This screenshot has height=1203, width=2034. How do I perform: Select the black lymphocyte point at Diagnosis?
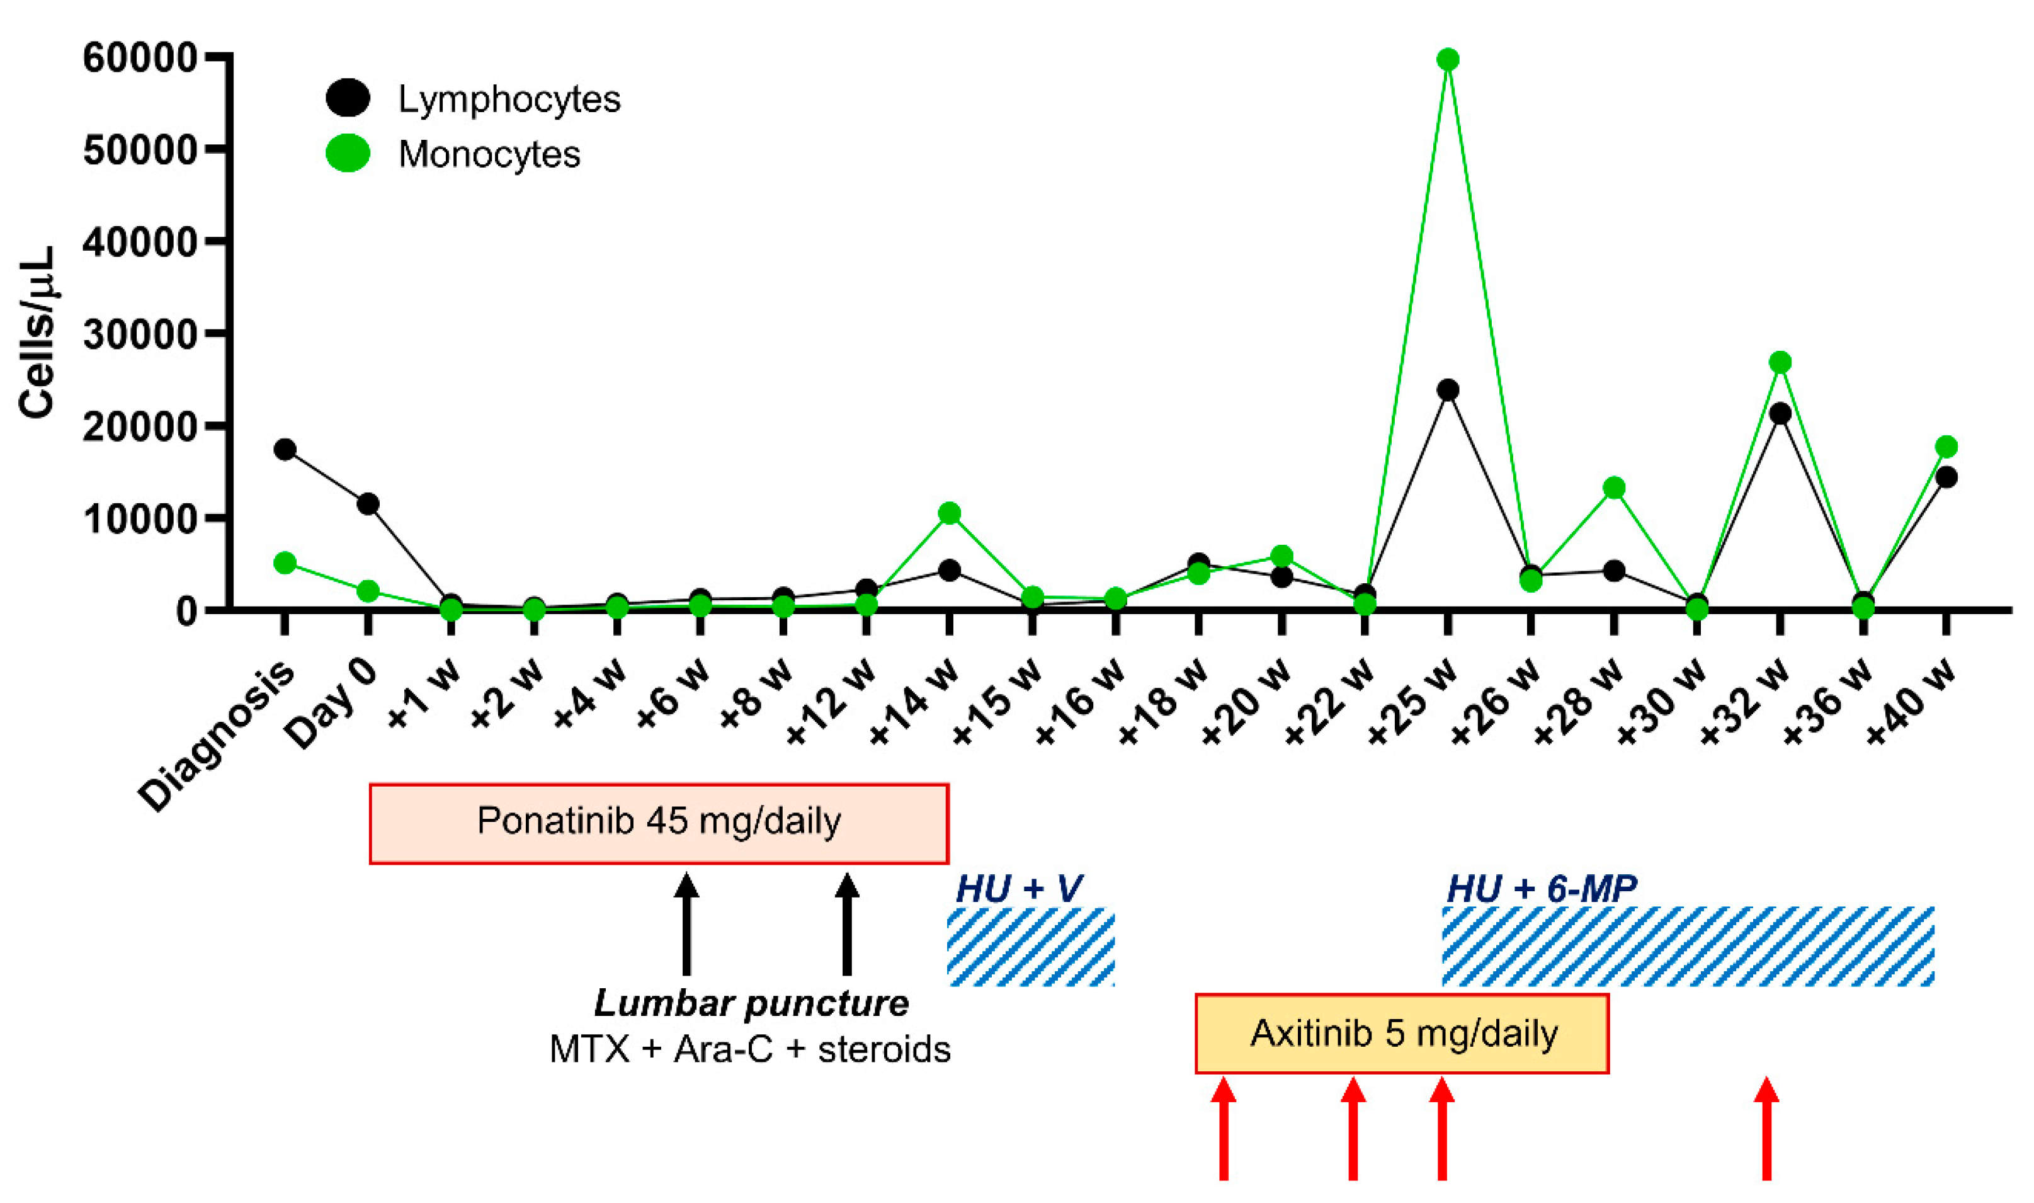tap(285, 449)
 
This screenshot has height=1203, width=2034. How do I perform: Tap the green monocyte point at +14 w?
tap(949, 513)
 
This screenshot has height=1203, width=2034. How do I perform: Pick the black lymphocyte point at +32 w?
tap(1780, 413)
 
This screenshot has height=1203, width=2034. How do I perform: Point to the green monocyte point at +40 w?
tap(1946, 447)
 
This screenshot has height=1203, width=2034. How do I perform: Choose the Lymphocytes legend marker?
tap(348, 98)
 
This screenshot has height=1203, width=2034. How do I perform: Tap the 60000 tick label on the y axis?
tap(139, 59)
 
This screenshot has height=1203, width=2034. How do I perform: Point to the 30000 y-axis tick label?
tap(139, 335)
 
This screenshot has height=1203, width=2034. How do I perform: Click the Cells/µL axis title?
tap(37, 333)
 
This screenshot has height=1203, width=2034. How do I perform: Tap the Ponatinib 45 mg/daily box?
tap(658, 822)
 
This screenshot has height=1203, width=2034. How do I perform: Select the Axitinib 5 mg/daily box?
tap(1402, 1034)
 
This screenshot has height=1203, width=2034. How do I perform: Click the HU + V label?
tap(1019, 889)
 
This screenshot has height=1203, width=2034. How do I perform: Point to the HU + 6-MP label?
tap(1542, 889)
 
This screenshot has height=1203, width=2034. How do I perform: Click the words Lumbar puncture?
tap(751, 1003)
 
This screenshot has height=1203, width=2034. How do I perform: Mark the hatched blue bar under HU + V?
tap(1031, 946)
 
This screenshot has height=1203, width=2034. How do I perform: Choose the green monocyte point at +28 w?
tap(1613, 488)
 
